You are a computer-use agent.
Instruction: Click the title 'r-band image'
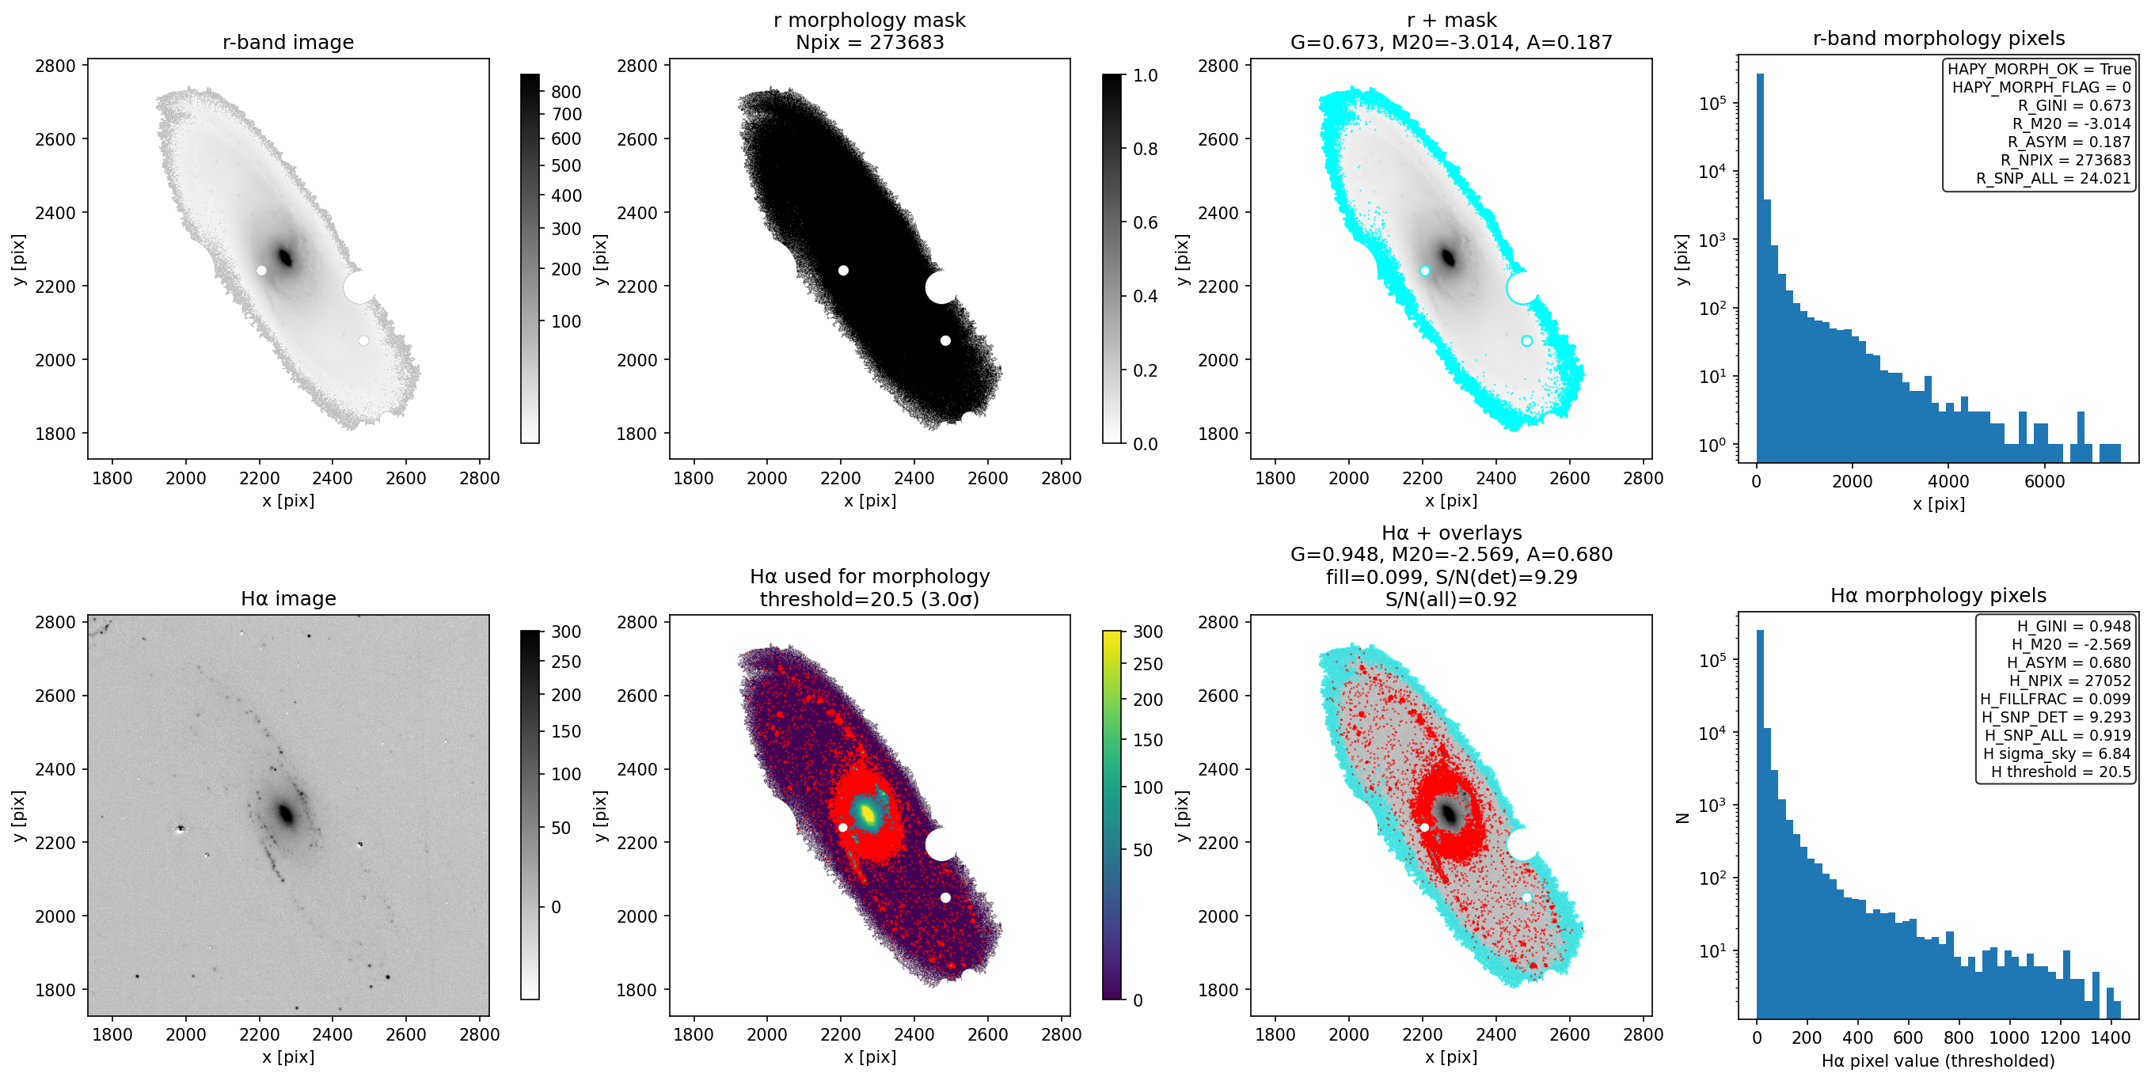(288, 42)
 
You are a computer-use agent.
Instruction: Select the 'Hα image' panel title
(288, 598)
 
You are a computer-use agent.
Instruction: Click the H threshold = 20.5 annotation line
(2061, 772)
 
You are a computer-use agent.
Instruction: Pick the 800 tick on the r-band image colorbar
(566, 92)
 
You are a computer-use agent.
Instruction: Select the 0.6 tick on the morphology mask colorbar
(1145, 222)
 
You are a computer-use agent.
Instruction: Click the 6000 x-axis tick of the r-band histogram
(2044, 481)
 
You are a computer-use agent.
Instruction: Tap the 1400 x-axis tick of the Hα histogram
(2111, 1037)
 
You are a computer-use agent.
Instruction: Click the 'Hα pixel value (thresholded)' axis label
(1938, 1061)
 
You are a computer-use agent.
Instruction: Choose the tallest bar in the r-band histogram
(1760, 267)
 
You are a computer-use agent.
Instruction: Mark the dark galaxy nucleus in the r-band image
(286, 257)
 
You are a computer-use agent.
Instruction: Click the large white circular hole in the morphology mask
(941, 287)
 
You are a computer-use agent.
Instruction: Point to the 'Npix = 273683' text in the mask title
(869, 42)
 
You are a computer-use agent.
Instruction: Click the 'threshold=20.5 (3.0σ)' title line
(869, 598)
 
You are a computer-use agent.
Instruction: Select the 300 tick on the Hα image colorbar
(566, 632)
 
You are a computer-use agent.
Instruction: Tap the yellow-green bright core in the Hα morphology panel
(868, 813)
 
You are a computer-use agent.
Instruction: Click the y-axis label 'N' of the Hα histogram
(1682, 818)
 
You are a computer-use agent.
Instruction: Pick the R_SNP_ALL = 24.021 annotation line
(2054, 178)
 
